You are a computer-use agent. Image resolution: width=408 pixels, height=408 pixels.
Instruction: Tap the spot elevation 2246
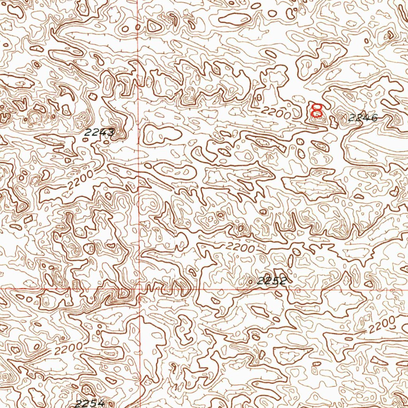point(363,118)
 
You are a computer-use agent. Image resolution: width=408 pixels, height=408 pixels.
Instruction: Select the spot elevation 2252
point(272,281)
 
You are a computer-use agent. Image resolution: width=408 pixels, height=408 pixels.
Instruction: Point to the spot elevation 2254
point(90,403)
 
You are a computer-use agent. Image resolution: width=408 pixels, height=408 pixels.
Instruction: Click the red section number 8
point(317,110)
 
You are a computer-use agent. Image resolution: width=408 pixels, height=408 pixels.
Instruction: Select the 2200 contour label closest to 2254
point(69,349)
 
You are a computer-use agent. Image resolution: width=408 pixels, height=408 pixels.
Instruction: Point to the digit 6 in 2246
point(373,118)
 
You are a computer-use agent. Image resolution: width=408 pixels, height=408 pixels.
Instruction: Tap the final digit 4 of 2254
point(100,403)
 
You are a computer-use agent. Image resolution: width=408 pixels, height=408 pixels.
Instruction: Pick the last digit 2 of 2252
point(282,281)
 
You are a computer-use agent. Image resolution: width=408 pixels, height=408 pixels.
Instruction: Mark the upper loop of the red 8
point(318,107)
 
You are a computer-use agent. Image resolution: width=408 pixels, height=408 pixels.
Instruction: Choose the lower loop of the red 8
point(317,114)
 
